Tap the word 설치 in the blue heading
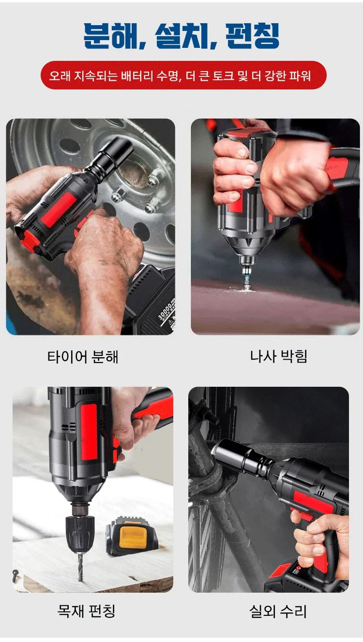(x=181, y=35)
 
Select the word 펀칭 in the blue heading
(x=252, y=35)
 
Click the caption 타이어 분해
(x=83, y=357)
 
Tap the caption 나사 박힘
(x=279, y=356)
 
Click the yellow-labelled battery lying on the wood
(x=132, y=536)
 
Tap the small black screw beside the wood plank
(x=15, y=574)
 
